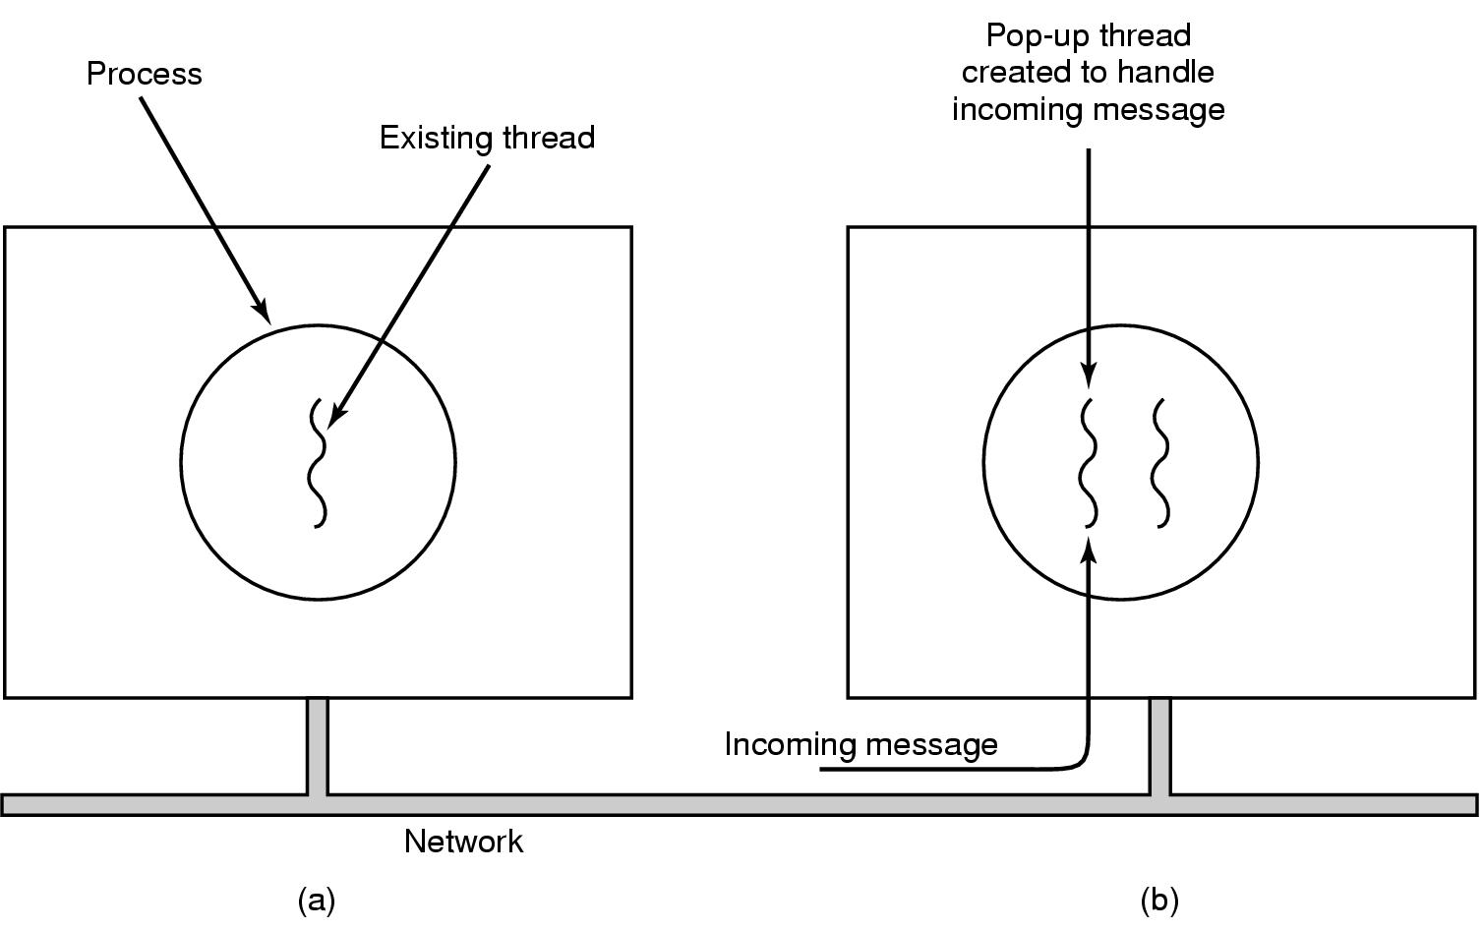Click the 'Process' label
coord(144,74)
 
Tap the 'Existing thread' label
coord(487,138)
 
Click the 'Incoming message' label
coord(860,744)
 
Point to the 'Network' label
coord(463,842)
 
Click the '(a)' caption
coord(317,900)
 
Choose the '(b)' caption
coord(1159,900)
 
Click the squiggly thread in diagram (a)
coord(318,463)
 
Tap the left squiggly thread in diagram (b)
coord(1088,463)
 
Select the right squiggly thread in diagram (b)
coord(1161,463)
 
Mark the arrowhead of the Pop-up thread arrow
coord(1088,378)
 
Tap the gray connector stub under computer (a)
coord(317,746)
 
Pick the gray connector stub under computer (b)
coord(1160,746)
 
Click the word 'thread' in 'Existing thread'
coord(549,138)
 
